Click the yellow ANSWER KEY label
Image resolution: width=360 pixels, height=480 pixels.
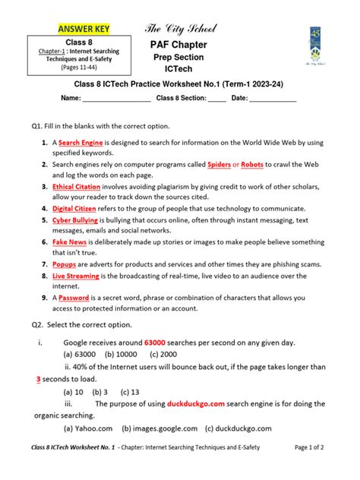click(x=84, y=30)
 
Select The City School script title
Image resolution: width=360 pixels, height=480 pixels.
click(x=181, y=30)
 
